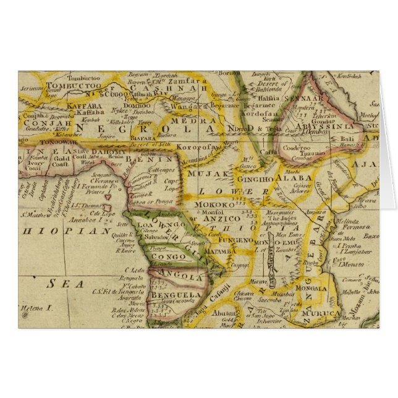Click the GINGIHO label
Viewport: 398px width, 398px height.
257,179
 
